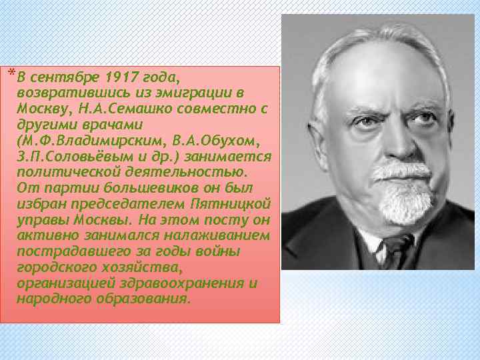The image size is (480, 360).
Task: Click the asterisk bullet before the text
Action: click(13, 71)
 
